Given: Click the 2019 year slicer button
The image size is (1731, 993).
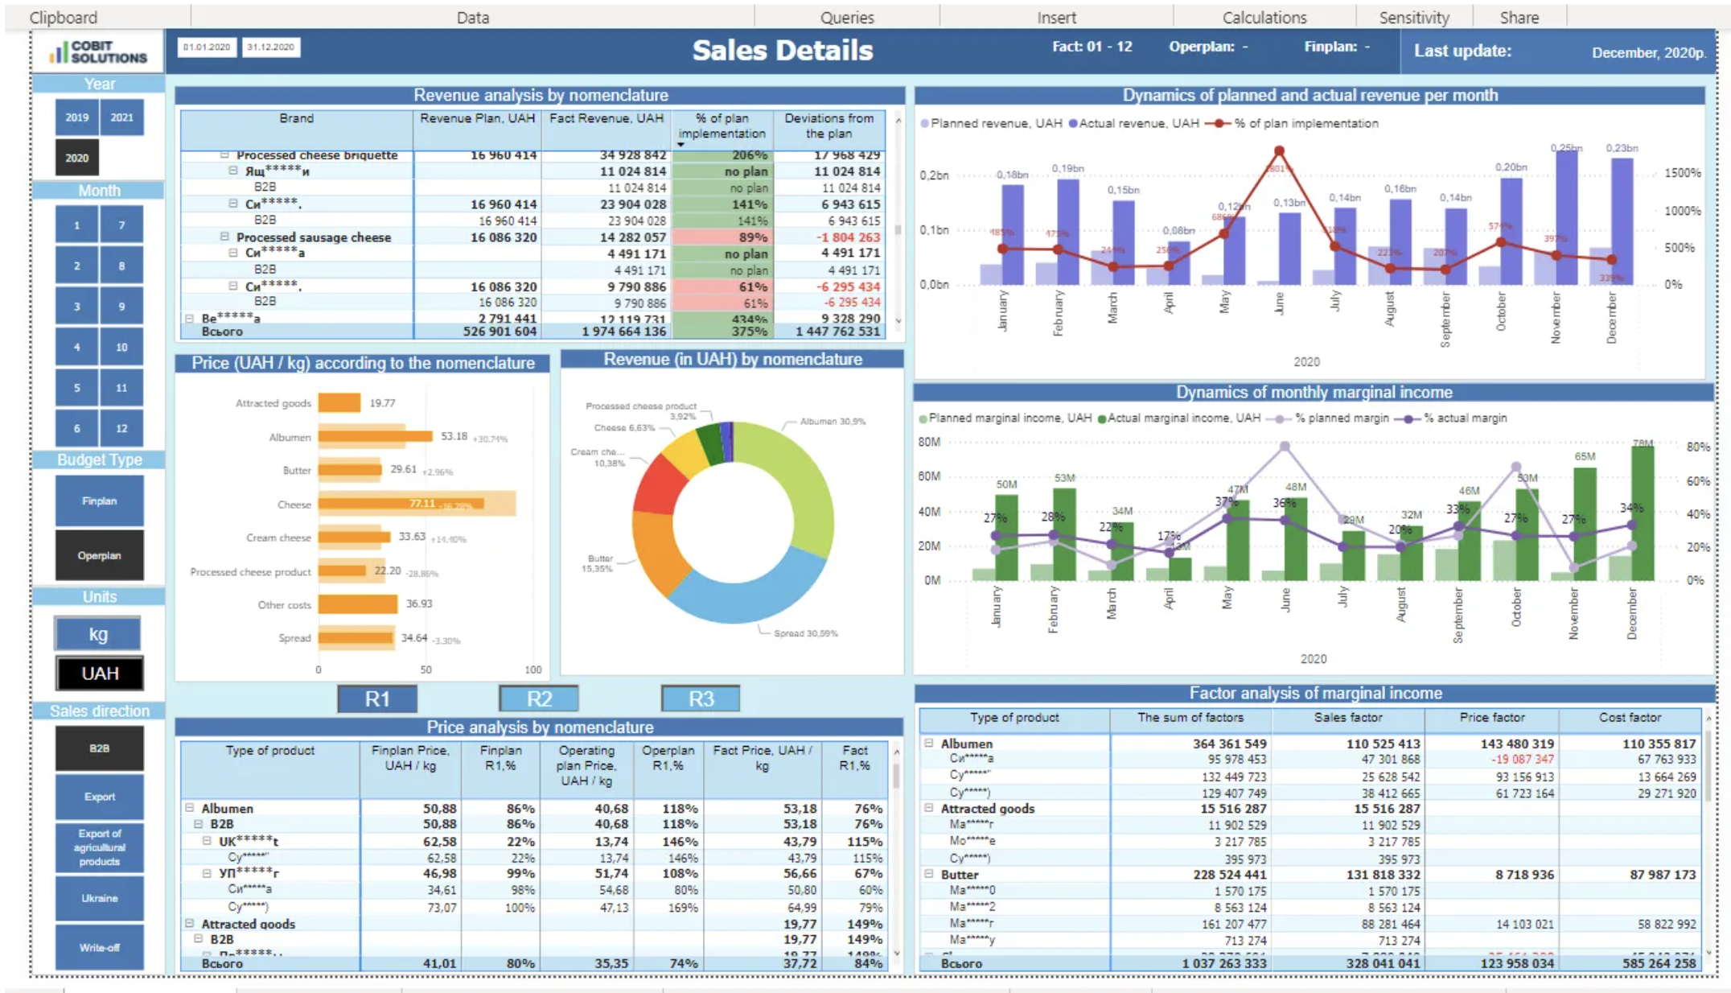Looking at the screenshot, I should [x=76, y=117].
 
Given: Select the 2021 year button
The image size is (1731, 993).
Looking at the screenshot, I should [x=122, y=117].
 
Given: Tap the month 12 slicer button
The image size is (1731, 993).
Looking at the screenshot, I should [x=122, y=428].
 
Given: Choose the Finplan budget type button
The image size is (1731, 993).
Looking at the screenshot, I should [x=99, y=501].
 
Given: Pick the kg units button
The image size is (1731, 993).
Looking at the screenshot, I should [x=98, y=634].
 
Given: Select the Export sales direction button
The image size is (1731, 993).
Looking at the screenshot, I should [x=99, y=797].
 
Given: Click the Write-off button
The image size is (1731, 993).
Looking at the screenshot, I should [x=99, y=947].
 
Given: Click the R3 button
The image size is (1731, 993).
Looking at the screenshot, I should [x=701, y=698].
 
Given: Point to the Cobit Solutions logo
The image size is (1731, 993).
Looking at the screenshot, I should [x=98, y=52].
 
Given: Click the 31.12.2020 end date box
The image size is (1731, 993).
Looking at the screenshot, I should [x=271, y=47].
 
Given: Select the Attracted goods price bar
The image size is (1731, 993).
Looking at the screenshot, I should [x=339, y=403].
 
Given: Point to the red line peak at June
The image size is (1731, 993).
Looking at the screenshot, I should [x=1279, y=151].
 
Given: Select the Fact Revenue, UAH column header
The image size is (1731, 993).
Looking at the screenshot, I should [x=606, y=119].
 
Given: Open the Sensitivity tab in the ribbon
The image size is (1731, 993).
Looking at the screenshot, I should [x=1413, y=18].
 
